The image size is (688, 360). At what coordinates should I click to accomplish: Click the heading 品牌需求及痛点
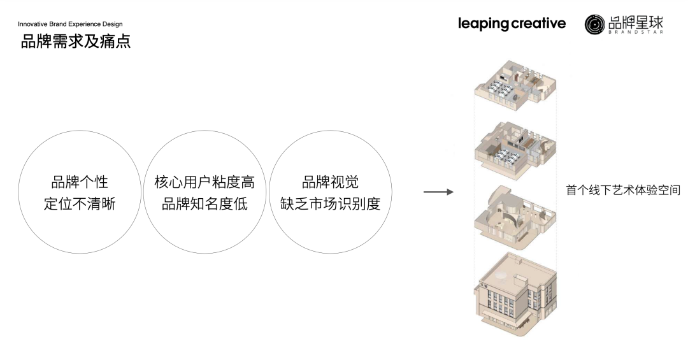[x=76, y=42]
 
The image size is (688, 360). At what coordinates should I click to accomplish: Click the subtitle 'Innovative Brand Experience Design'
[x=70, y=24]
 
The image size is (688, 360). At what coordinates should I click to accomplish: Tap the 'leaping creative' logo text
[x=512, y=24]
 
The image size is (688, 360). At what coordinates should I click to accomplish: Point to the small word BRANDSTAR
[x=635, y=31]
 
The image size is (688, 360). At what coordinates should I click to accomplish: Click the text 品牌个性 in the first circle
[x=80, y=182]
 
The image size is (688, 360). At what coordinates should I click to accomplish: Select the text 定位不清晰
[x=80, y=205]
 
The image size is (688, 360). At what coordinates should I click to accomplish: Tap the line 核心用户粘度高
[x=204, y=182]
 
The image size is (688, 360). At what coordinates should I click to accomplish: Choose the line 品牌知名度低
[x=204, y=205]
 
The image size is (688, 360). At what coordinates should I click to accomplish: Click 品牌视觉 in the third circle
[x=330, y=182]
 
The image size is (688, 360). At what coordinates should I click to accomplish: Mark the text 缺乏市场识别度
[x=330, y=205]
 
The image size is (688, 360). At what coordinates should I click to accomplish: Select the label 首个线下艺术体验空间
[x=623, y=191]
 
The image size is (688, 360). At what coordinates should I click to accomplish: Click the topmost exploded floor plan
[x=515, y=85]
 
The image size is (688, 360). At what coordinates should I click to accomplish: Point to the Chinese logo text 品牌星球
[x=635, y=21]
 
